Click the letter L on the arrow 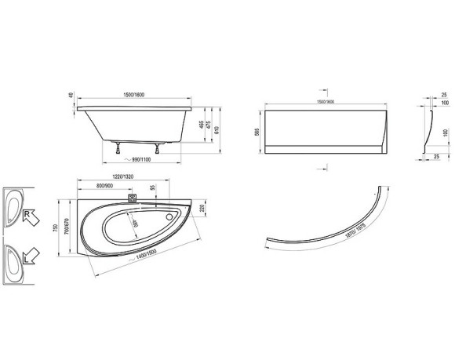pos(27,256)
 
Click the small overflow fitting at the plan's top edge pos(131,199)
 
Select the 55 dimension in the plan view pos(153,191)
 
